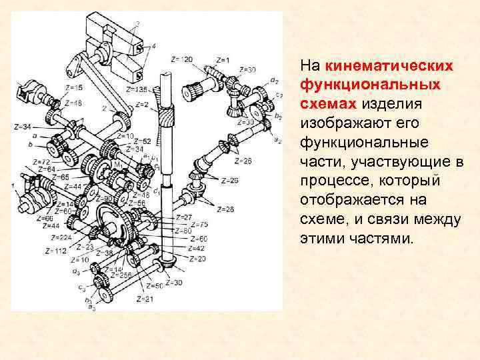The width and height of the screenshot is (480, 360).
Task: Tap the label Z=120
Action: pos(181,60)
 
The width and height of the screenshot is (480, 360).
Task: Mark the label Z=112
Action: pos(56,251)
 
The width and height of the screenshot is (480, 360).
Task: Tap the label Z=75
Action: pos(199,224)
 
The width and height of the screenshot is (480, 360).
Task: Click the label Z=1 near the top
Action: pos(222,60)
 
